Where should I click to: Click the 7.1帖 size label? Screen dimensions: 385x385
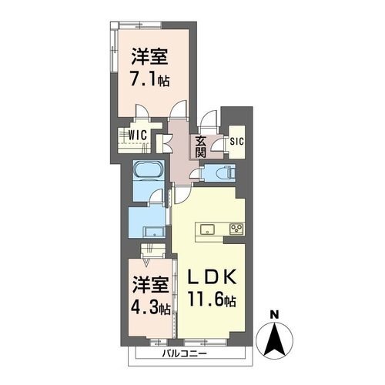coord(150,79)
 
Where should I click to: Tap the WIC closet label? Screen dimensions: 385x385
coord(138,134)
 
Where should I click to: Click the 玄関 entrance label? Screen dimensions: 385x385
coord(200,146)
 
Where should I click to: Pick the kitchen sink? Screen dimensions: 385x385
coord(207,229)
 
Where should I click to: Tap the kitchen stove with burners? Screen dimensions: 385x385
coord(236,229)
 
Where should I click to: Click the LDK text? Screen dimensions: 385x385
coord(214,276)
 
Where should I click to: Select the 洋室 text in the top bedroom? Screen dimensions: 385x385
coord(150,57)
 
